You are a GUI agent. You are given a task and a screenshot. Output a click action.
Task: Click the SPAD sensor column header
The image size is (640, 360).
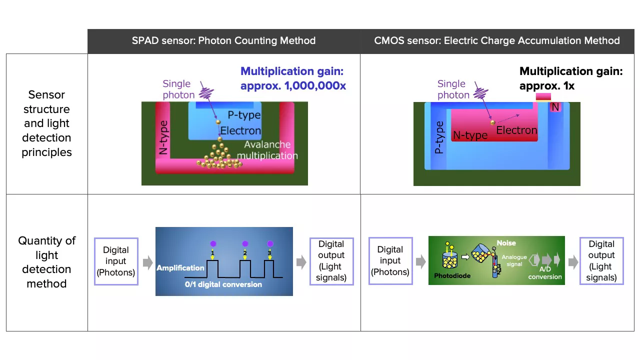tap(223, 41)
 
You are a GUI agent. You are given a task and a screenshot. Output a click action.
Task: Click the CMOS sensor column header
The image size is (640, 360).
tap(496, 41)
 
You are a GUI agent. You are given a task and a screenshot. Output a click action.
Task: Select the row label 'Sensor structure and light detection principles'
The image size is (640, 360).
tap(46, 123)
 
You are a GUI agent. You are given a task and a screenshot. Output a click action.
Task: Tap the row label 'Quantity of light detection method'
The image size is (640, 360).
tap(46, 262)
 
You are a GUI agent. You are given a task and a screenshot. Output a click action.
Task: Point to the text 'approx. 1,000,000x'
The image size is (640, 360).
tap(293, 86)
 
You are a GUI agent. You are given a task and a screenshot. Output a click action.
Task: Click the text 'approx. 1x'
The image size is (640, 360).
tap(546, 86)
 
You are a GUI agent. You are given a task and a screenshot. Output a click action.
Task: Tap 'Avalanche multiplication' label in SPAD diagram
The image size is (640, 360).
tap(267, 150)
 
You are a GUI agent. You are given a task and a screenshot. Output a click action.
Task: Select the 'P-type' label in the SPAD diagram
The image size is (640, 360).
tap(244, 115)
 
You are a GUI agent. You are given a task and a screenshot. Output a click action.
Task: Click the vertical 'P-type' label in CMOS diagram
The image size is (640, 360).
tap(439, 137)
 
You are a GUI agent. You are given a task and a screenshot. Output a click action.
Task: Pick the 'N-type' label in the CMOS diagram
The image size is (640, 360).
tap(470, 135)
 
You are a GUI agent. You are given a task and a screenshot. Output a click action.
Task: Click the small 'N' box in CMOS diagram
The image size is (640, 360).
tap(555, 107)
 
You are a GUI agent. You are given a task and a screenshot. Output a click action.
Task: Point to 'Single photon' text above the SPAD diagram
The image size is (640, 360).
tap(178, 89)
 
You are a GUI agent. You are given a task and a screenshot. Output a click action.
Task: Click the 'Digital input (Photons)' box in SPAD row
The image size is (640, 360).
tap(116, 261)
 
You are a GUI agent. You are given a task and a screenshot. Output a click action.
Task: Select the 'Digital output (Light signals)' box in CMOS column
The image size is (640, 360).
tap(601, 261)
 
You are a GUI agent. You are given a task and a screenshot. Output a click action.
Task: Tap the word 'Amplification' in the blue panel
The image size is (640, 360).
tap(180, 268)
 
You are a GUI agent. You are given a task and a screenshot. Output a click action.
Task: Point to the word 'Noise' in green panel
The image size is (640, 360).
tap(506, 243)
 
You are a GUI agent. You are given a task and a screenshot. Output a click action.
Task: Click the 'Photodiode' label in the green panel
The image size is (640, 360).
tap(452, 275)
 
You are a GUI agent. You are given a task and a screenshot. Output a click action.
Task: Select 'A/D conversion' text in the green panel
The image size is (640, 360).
tap(545, 272)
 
